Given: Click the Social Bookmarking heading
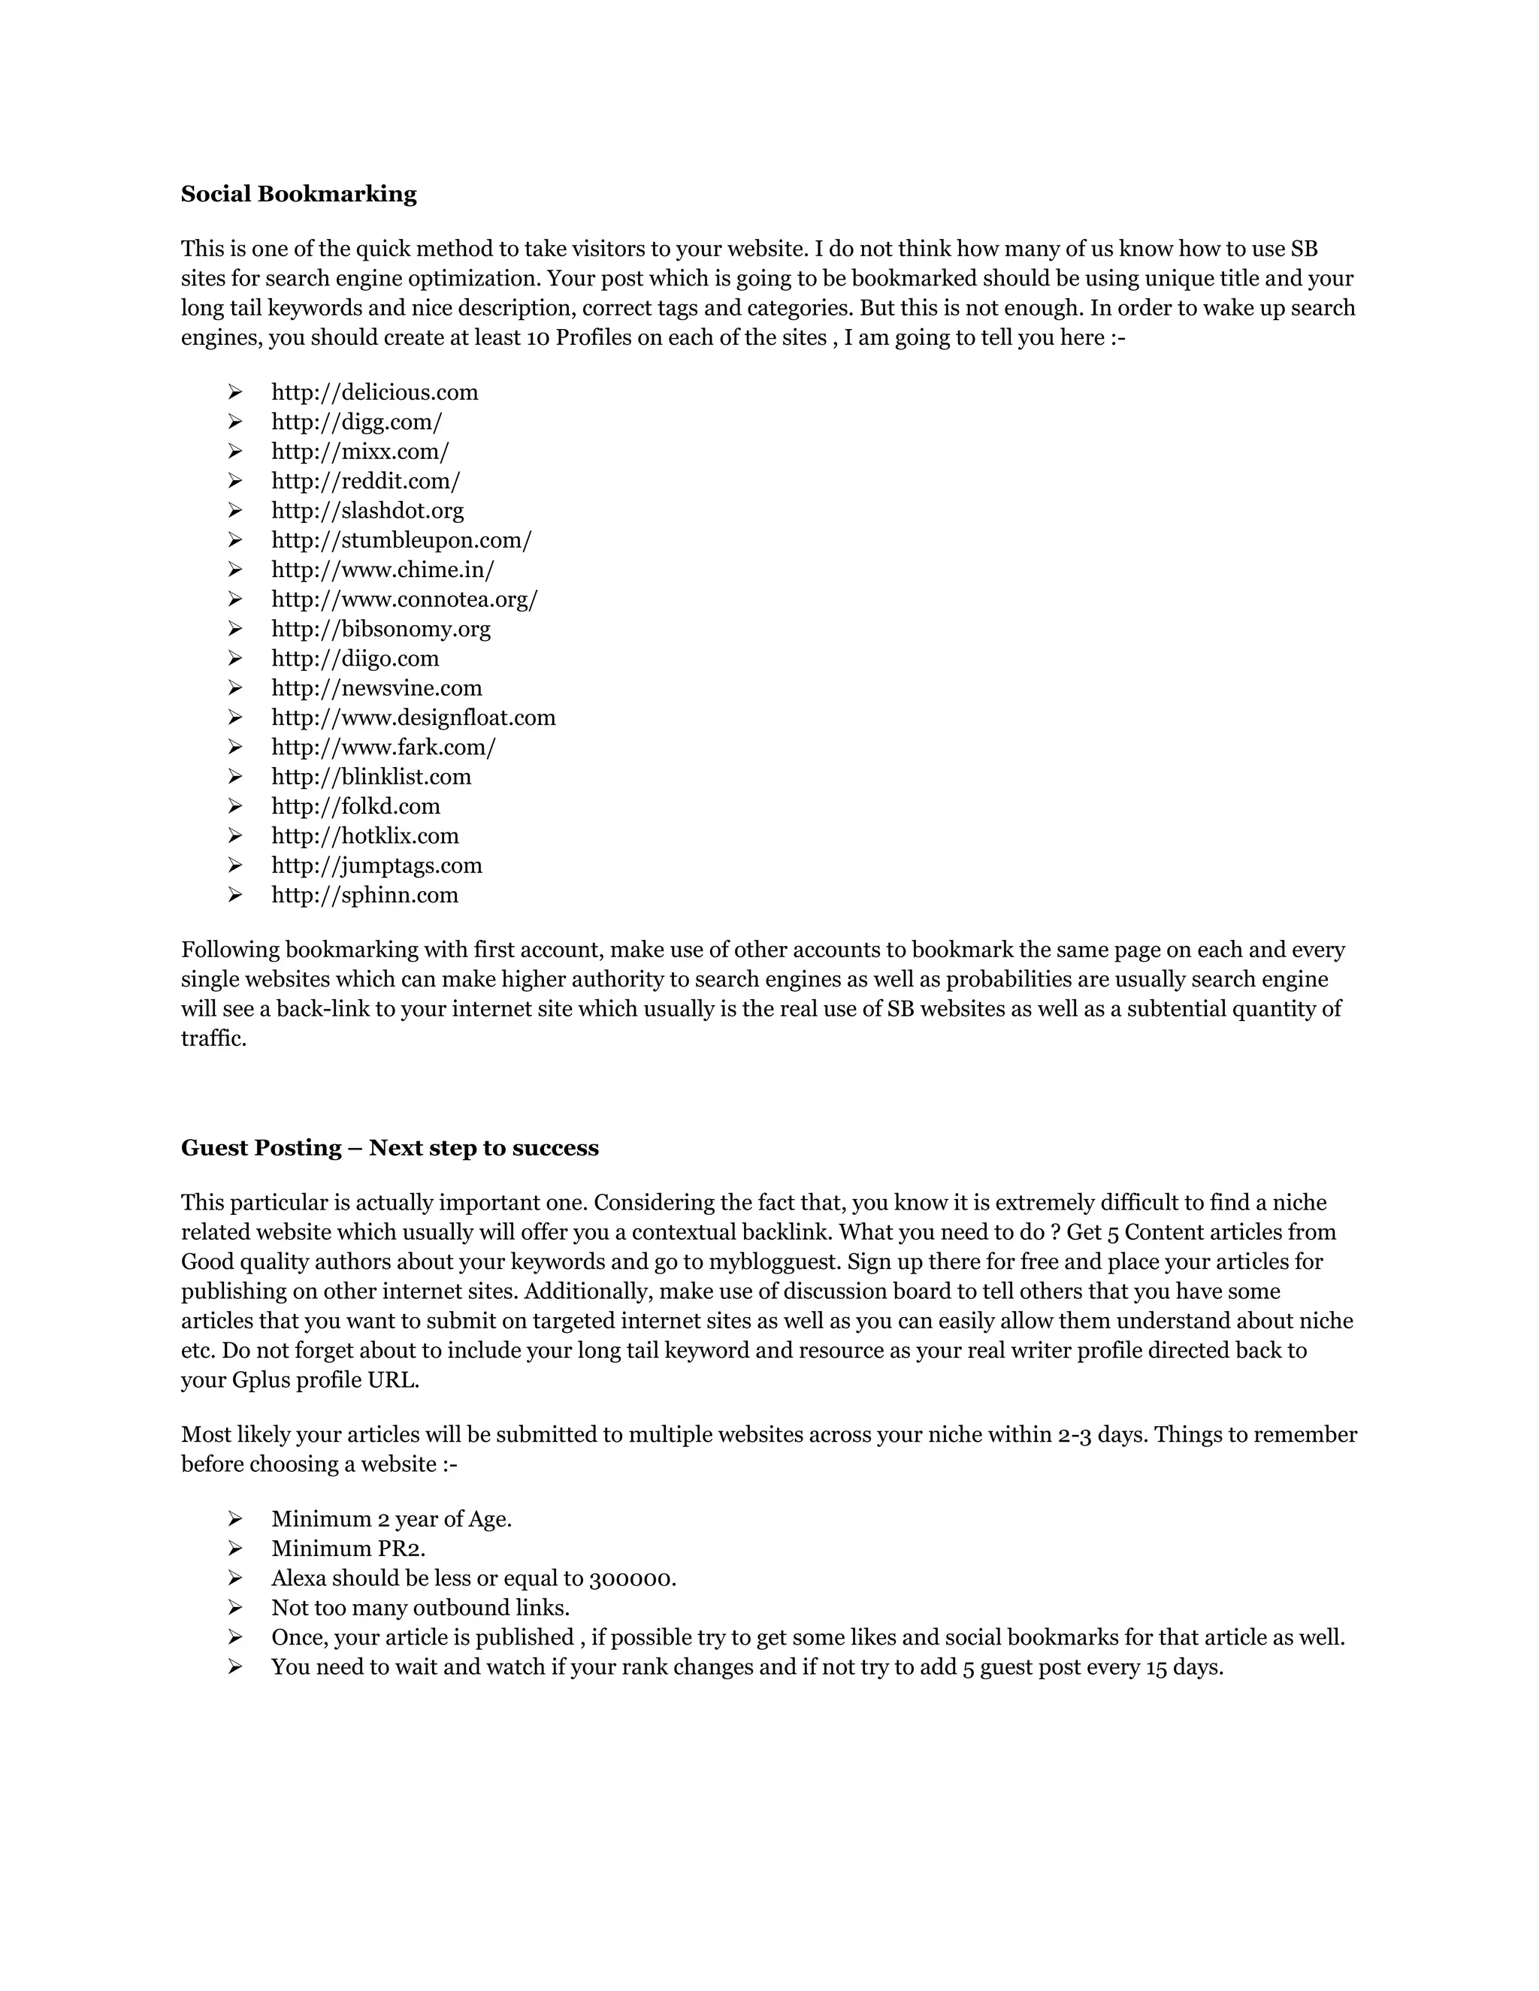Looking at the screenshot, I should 298,194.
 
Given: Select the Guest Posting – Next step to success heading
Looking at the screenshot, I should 389,1148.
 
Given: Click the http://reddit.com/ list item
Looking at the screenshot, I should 366,482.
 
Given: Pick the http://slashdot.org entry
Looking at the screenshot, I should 367,510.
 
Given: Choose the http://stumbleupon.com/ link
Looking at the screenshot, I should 401,541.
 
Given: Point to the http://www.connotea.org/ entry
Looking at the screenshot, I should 405,600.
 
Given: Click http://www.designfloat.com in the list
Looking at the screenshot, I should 413,718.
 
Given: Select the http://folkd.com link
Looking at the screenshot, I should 355,807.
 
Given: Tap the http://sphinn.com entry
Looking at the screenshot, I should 364,896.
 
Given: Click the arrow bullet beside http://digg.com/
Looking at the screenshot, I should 235,422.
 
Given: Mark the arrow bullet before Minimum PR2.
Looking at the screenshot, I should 235,1549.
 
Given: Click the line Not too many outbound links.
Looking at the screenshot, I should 420,1608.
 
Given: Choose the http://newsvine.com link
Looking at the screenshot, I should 376,688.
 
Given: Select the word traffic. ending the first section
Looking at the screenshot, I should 213,1039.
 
